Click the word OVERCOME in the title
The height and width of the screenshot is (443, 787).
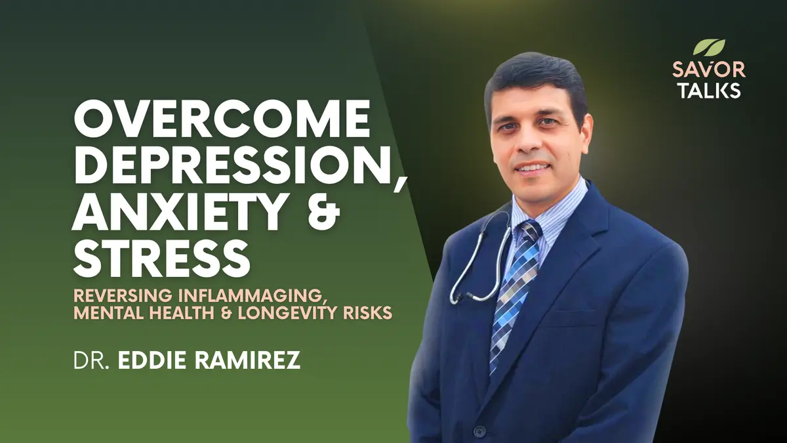222,119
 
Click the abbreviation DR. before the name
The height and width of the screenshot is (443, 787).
91,360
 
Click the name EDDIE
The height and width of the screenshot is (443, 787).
153,360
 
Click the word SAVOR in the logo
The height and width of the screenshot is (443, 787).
709,70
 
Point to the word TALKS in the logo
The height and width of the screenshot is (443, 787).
710,90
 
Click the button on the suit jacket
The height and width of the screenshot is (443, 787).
480,430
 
